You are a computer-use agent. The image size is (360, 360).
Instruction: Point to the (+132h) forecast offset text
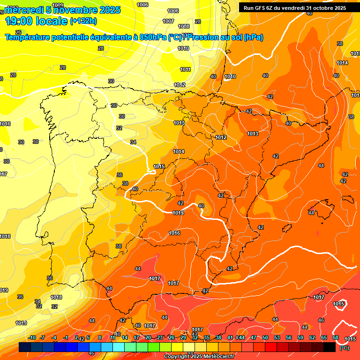(83, 21)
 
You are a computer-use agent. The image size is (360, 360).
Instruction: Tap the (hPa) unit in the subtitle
(254, 37)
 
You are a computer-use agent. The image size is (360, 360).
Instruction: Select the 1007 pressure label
(168, 21)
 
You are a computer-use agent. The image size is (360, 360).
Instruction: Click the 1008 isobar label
(184, 26)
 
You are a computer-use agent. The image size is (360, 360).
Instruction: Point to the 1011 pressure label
(186, 69)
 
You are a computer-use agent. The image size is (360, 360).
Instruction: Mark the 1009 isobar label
(58, 5)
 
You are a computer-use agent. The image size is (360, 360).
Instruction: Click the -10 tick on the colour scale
(32, 337)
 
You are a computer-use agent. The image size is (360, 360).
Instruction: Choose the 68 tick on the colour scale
(336, 337)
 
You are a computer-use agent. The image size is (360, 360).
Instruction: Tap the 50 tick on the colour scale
(265, 337)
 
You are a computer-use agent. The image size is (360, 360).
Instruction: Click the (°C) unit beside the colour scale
(344, 348)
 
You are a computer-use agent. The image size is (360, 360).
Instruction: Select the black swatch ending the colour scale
(330, 347)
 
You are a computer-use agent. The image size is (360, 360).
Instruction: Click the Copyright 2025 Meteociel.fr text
(199, 357)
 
